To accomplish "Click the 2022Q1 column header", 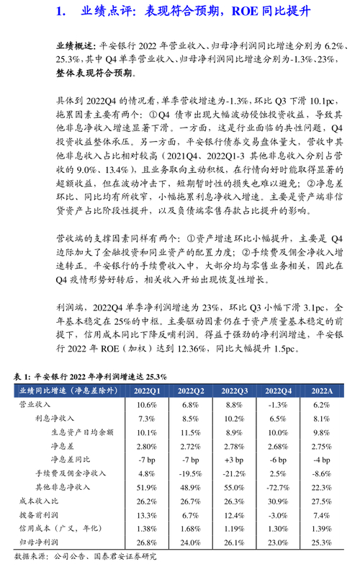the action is pyautogui.click(x=146, y=390).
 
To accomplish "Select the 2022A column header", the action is pyautogui.click(x=322, y=390).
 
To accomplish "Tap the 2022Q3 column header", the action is pyautogui.click(x=234, y=390).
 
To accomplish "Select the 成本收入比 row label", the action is pyautogui.click(x=36, y=501).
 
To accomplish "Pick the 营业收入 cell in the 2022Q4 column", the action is pyautogui.click(x=278, y=405).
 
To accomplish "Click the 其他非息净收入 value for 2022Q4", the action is pyautogui.click(x=278, y=487).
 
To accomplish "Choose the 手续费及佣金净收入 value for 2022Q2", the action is pyautogui.click(x=190, y=473).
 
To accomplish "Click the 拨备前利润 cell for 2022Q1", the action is pyautogui.click(x=146, y=514).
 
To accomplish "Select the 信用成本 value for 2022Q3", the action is pyautogui.click(x=234, y=528).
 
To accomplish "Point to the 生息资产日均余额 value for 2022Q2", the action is pyautogui.click(x=190, y=432).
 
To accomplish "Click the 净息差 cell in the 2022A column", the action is pyautogui.click(x=322, y=446).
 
